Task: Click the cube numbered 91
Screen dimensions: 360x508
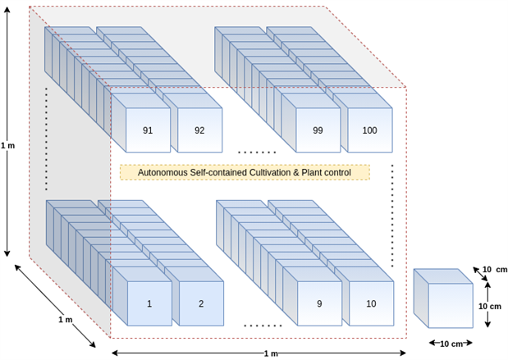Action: (x=148, y=130)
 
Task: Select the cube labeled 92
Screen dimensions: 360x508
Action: (x=199, y=130)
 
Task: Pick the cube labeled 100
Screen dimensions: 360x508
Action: (x=369, y=130)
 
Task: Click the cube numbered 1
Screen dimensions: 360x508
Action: (x=149, y=303)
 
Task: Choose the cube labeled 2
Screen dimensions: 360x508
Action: (x=201, y=303)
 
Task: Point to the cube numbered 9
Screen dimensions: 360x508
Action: (x=318, y=303)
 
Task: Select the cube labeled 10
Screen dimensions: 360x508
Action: (x=371, y=303)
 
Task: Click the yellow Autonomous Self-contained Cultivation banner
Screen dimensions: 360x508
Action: (x=245, y=172)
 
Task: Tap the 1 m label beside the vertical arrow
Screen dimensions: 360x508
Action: (x=7, y=145)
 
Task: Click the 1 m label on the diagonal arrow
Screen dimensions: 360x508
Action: (x=65, y=319)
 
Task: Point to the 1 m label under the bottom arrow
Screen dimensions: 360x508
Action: (x=271, y=353)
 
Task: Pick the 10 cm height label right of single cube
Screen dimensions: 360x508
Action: (x=490, y=306)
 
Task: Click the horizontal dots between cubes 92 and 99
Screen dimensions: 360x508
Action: (x=257, y=153)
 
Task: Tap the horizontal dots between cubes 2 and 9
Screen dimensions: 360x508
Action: (x=262, y=326)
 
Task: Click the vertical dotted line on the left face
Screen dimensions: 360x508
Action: (x=46, y=139)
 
